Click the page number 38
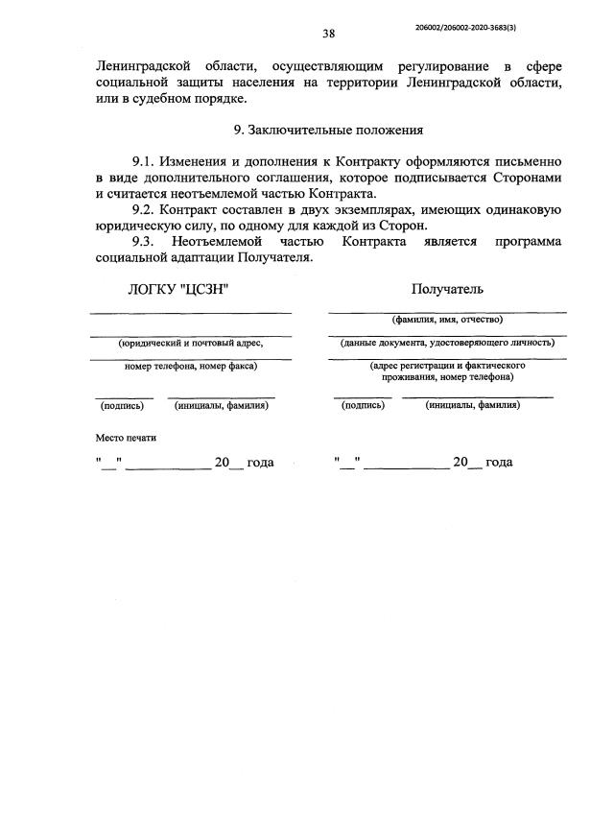[328, 34]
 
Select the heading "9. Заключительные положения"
[328, 129]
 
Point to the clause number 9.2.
[143, 209]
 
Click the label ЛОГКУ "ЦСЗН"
[179, 289]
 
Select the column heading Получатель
[447, 289]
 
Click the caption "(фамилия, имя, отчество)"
[446, 320]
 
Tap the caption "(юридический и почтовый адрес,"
[190, 342]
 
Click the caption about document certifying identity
[446, 342]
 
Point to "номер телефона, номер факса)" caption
[191, 365]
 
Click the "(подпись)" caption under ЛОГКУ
[122, 406]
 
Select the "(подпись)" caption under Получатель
[363, 406]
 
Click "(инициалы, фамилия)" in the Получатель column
[473, 406]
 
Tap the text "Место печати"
[126, 438]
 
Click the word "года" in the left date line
[260, 463]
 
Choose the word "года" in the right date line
[499, 463]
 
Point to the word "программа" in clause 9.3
[528, 241]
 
